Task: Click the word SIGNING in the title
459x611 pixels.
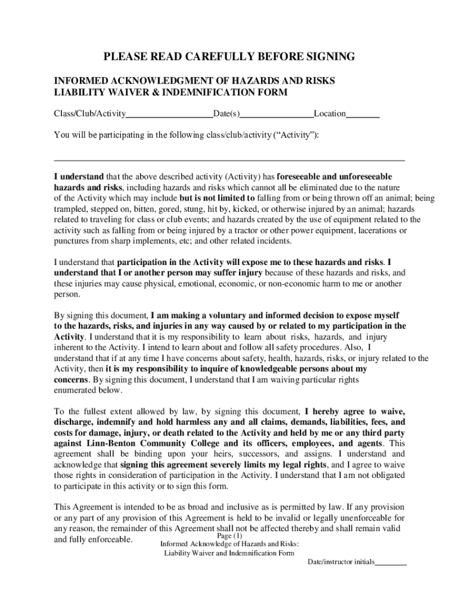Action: click(x=329, y=57)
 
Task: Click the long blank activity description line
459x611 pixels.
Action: click(x=229, y=161)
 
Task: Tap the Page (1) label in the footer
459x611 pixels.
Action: click(x=229, y=535)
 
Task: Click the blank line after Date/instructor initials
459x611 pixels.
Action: click(x=391, y=562)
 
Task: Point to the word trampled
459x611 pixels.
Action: click(x=70, y=209)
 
